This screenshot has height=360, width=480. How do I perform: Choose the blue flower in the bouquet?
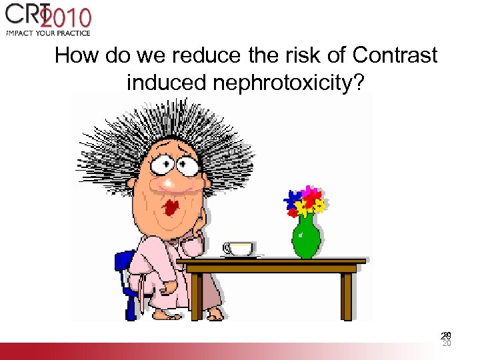[292, 199]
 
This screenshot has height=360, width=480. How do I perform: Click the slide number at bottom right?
[447, 339]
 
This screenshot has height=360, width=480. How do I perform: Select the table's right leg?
[346, 297]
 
